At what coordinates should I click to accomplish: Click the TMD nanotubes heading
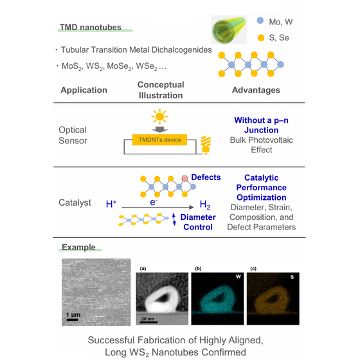point(91,27)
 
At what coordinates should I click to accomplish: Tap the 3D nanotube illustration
point(229,30)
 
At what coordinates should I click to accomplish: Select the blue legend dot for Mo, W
point(260,21)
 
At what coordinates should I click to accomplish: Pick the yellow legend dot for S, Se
point(261,38)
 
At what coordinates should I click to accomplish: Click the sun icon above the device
point(159,116)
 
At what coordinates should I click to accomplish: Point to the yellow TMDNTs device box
point(160,140)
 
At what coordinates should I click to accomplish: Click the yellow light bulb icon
point(206,145)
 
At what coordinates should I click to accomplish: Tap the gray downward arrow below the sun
point(160,129)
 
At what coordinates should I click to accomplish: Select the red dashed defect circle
point(184,178)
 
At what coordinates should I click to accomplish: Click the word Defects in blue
point(206,177)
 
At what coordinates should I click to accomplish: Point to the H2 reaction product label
point(205,204)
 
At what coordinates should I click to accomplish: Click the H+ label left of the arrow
point(111,204)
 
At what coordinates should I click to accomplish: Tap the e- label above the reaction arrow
point(154,202)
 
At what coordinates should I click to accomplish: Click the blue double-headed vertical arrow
point(174,219)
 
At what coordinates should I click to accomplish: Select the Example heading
point(78,247)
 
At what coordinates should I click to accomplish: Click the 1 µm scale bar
point(72,319)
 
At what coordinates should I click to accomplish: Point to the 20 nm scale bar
point(148,322)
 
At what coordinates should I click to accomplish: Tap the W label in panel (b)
point(239,276)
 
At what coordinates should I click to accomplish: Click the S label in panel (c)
point(292,277)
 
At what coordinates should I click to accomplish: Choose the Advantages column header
point(256,90)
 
